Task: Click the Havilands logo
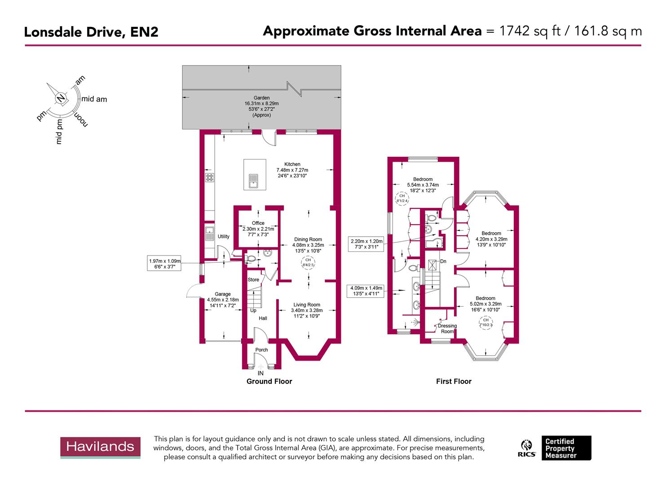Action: click(101, 447)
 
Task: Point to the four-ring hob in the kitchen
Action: click(209, 177)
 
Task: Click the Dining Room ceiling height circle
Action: click(308, 263)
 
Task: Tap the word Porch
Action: click(261, 350)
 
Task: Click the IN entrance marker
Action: click(260, 373)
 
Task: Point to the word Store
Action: click(253, 280)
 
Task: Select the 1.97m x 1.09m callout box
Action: click(165, 264)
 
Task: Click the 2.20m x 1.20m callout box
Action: click(366, 244)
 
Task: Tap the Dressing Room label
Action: click(447, 329)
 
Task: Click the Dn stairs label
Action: click(443, 261)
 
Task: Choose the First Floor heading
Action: click(454, 381)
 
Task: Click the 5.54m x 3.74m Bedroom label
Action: click(423, 185)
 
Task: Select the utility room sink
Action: click(209, 233)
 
